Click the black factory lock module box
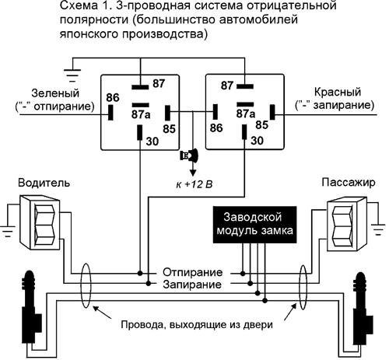pos(254,225)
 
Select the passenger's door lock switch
pos(347,224)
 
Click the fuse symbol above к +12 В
pos(189,156)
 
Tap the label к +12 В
pos(194,184)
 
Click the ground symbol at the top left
pos(72,75)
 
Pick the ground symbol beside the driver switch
pos(8,231)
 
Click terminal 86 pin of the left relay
pos(110,113)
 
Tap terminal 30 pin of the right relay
pos(244,132)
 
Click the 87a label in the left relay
pos(141,114)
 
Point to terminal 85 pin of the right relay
pos(272,112)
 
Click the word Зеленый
pos(55,93)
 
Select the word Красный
pos(338,92)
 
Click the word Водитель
pos(44,183)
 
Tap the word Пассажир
pos(349,182)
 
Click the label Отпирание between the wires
pos(192,272)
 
